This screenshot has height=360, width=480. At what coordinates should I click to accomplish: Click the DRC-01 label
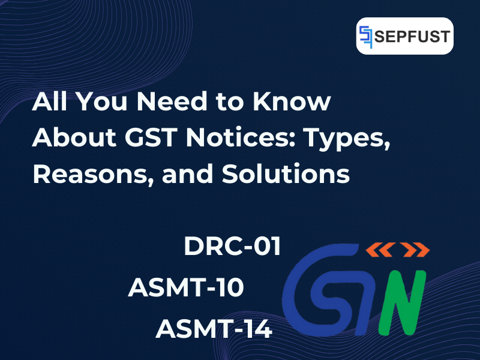click(233, 247)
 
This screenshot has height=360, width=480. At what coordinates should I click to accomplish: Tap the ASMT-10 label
click(186, 288)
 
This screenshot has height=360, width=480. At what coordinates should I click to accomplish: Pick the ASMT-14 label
click(214, 329)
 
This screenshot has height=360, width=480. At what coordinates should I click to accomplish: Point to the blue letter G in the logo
click(306, 294)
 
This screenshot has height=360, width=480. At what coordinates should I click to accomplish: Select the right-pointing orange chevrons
click(415, 250)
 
